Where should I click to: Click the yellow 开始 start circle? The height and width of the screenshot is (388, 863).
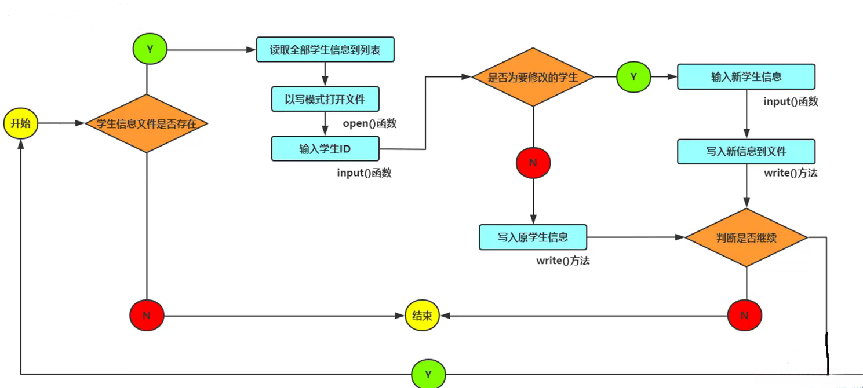click(20, 123)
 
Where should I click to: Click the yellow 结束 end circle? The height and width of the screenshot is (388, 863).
click(422, 316)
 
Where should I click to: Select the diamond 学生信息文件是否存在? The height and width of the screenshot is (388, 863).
click(147, 123)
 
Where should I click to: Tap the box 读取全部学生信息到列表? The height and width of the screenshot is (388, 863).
click(325, 50)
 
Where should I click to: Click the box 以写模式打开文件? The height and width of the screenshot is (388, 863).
click(325, 99)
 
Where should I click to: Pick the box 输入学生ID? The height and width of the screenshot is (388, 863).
click(325, 149)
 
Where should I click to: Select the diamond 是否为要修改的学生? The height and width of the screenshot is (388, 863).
click(533, 77)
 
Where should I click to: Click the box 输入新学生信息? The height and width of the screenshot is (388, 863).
click(746, 76)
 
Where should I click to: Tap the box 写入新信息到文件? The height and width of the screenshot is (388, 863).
click(746, 152)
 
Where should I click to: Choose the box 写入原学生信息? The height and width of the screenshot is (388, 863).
click(533, 237)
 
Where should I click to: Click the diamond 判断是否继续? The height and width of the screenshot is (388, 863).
click(746, 237)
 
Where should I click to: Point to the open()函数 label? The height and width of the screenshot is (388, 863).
click(369, 123)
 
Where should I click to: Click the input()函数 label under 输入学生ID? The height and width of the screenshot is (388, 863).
click(364, 173)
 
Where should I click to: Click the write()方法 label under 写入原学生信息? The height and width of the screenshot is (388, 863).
click(563, 261)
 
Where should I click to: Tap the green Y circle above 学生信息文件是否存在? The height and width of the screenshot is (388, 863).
click(150, 49)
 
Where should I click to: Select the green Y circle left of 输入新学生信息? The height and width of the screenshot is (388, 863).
click(633, 76)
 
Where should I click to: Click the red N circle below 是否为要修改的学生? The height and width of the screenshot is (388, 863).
click(533, 163)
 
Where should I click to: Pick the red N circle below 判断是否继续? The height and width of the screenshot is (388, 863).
click(745, 316)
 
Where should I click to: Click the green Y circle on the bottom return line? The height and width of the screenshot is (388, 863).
click(428, 375)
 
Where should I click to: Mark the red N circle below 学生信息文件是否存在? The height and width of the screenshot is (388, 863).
click(147, 316)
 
